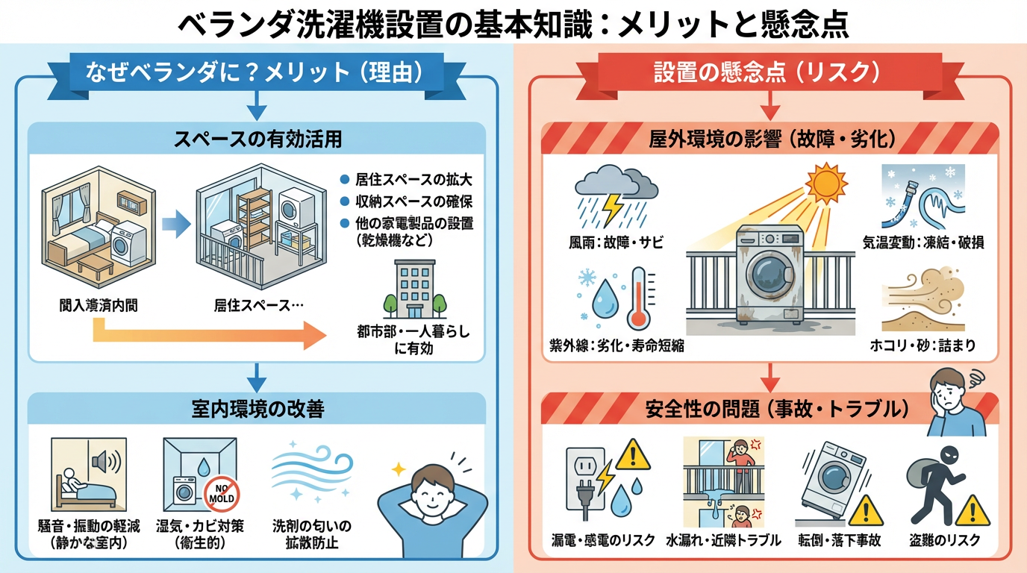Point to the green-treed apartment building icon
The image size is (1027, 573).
[x=413, y=291]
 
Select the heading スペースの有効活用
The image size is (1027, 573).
[x=257, y=139]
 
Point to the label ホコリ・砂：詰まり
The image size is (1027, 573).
[x=923, y=345]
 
